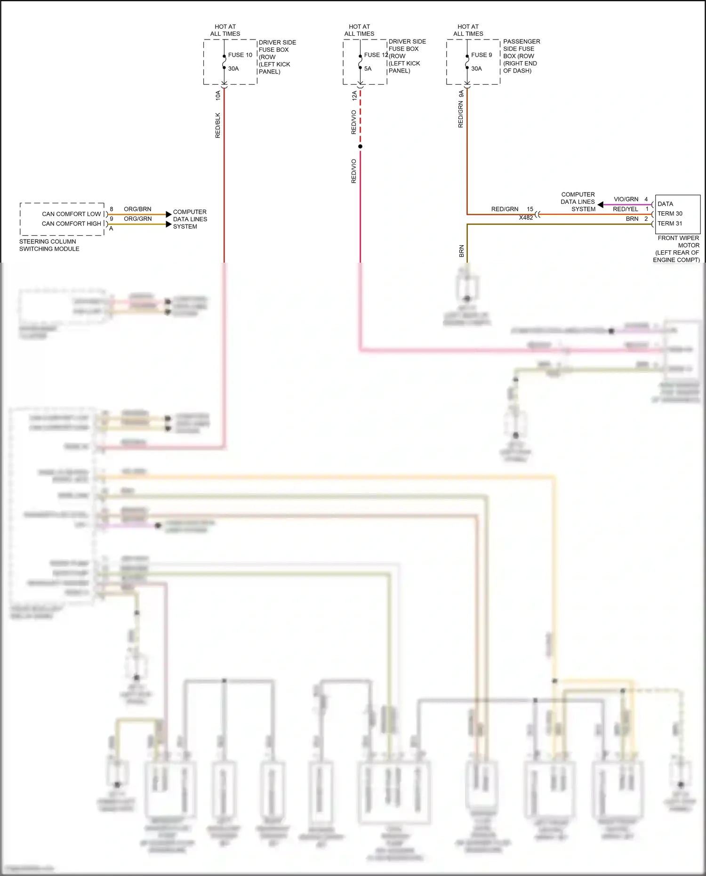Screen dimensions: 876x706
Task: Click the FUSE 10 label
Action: click(x=240, y=55)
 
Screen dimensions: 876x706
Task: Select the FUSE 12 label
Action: click(x=376, y=55)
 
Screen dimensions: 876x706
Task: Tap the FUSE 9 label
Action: click(x=481, y=55)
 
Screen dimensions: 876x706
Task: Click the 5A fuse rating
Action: click(x=368, y=69)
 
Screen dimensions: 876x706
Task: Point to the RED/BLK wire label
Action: click(x=217, y=125)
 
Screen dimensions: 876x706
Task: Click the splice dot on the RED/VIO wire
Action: click(x=360, y=146)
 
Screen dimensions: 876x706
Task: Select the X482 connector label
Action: click(x=526, y=218)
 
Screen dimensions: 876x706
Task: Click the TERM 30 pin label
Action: click(x=670, y=214)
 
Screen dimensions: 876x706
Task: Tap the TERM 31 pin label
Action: click(x=670, y=224)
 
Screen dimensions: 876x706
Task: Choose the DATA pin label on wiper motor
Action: click(x=665, y=204)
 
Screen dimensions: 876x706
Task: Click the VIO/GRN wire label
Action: click(x=626, y=200)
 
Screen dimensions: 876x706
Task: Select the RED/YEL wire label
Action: click(x=626, y=209)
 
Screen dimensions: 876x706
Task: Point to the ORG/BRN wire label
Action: click(x=137, y=209)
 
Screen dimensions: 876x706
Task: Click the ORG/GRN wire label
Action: click(x=137, y=219)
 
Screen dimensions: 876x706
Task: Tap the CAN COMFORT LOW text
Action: click(x=72, y=214)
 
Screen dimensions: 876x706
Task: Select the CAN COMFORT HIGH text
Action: click(x=72, y=224)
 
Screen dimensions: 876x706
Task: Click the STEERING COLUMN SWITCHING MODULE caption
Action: click(x=49, y=245)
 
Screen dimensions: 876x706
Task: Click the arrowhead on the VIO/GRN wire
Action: click(x=601, y=205)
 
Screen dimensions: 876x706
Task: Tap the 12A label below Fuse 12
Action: click(x=354, y=96)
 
